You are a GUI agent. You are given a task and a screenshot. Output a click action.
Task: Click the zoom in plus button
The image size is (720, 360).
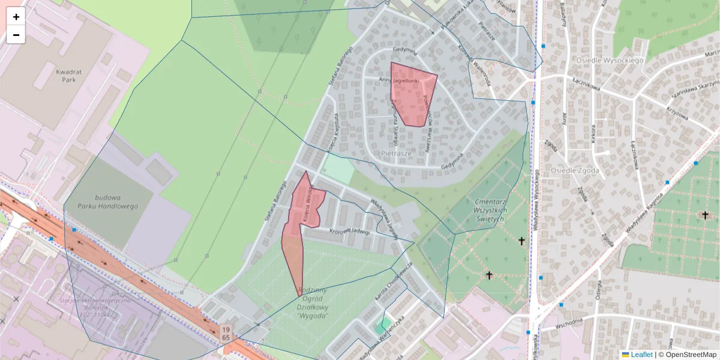click(x=16, y=17)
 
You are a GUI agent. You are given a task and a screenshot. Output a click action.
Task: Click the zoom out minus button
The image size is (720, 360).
click(x=16, y=35)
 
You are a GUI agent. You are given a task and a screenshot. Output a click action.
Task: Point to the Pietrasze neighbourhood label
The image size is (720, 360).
click(x=396, y=154)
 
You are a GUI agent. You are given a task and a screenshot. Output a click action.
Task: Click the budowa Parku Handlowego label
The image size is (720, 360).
click(x=107, y=202)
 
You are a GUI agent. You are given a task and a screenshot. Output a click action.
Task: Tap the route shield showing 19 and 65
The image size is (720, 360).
click(x=226, y=334)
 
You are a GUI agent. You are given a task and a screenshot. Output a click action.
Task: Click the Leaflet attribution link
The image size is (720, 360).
click(x=641, y=355)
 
